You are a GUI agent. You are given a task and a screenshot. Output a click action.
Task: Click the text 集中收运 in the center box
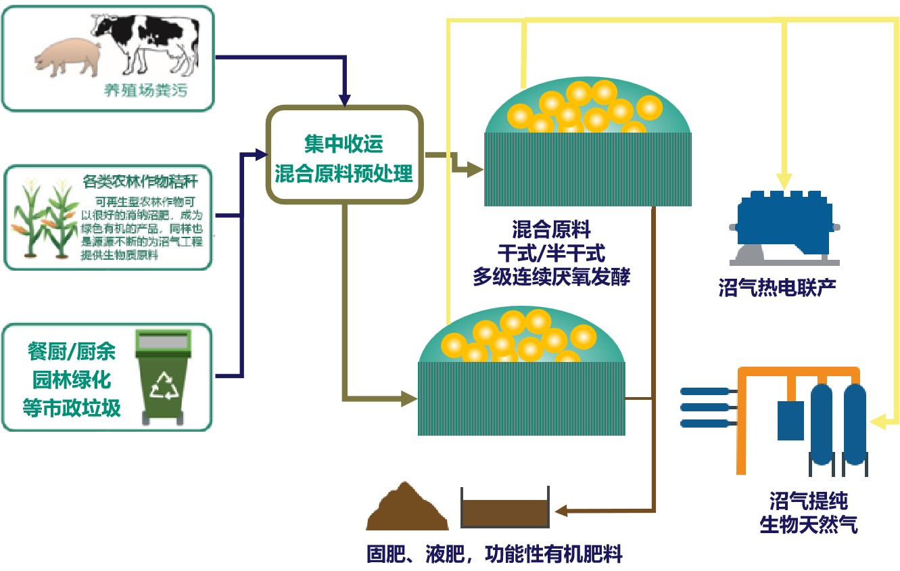coord(344,143)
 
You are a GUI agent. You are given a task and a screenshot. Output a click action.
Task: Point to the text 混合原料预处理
coord(344,173)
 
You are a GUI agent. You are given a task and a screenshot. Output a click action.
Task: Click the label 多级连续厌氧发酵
coord(551,277)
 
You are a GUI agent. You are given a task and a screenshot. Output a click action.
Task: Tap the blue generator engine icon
coord(784,225)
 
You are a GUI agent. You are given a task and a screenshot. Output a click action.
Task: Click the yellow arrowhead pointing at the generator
coord(784,181)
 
